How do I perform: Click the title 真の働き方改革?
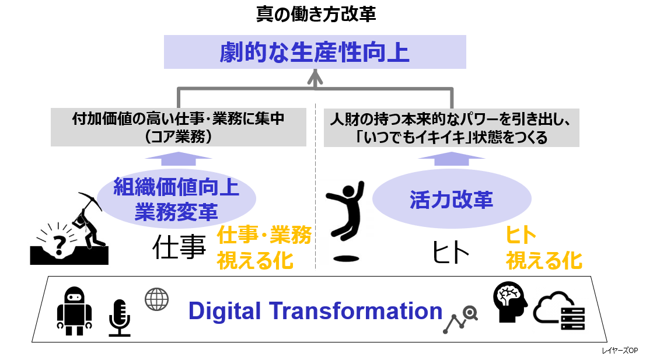(316, 14)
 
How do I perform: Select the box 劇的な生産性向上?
(315, 52)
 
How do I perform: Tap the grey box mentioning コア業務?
(178, 127)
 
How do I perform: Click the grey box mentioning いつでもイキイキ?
(451, 127)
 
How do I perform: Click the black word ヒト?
(451, 253)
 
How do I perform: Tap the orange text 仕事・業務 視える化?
(264, 248)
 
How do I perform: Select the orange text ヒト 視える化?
(543, 248)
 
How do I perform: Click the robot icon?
(74, 311)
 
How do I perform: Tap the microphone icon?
(119, 318)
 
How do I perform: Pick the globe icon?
(156, 299)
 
